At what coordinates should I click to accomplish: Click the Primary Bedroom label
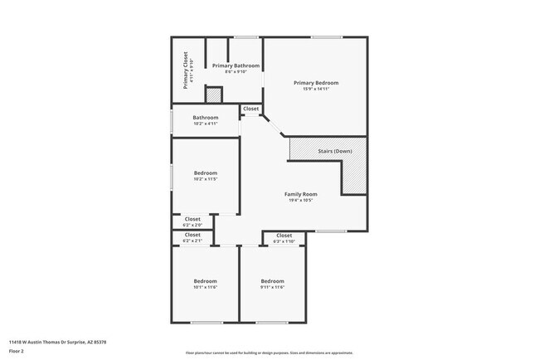[315, 82]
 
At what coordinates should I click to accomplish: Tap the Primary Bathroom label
[236, 66]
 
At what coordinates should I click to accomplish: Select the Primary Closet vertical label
[186, 71]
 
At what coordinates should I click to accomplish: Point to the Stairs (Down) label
[335, 152]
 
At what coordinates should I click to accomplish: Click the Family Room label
[301, 194]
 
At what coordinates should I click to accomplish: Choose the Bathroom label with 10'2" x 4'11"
[205, 118]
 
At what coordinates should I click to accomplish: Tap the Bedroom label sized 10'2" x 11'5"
[205, 173]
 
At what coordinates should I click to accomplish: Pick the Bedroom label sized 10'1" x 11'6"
[205, 280]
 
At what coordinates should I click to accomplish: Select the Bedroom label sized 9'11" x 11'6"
[272, 280]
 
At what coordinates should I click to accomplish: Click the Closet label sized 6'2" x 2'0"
[192, 219]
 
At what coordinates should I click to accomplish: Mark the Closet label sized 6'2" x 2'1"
[192, 235]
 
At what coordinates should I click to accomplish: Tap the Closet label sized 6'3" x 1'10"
[284, 236]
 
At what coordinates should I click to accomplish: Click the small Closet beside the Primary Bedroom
[250, 109]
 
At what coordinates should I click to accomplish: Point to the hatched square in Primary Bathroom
[214, 95]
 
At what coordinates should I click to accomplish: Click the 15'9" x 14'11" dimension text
[315, 89]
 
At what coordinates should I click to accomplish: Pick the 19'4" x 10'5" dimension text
[301, 201]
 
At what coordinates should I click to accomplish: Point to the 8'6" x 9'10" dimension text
[236, 72]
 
